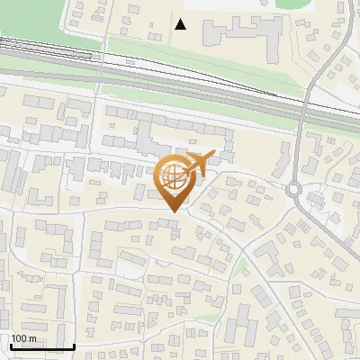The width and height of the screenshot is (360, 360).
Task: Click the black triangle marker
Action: (x=181, y=24)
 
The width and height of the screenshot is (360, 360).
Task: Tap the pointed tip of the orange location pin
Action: (x=173, y=211)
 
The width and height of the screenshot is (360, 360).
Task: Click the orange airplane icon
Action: (x=197, y=165)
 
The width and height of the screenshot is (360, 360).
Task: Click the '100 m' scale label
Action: (x=23, y=338)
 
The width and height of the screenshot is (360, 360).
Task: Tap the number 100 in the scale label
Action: (x=19, y=338)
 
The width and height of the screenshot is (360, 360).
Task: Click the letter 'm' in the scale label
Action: (x=32, y=338)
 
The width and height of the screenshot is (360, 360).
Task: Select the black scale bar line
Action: (x=41, y=346)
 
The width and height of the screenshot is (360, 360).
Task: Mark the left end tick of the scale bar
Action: (x=10, y=345)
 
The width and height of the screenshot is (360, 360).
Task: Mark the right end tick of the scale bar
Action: (x=74, y=345)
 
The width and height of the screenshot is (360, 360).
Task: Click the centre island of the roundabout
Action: (x=295, y=189)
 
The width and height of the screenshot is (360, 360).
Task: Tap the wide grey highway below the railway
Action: (x=180, y=90)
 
